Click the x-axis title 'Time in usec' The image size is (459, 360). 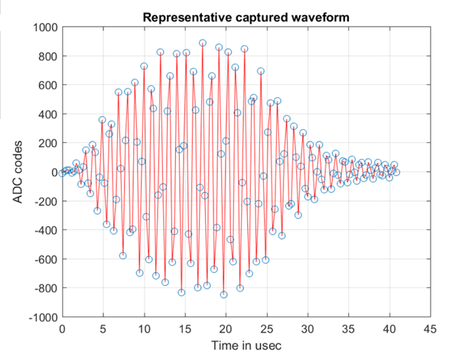(246, 345)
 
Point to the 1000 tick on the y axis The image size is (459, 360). (44, 28)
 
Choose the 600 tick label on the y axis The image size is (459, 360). (46, 86)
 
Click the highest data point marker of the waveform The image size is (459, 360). (203, 44)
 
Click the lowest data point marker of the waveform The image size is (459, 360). (223, 294)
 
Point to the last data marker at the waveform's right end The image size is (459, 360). (396, 172)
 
